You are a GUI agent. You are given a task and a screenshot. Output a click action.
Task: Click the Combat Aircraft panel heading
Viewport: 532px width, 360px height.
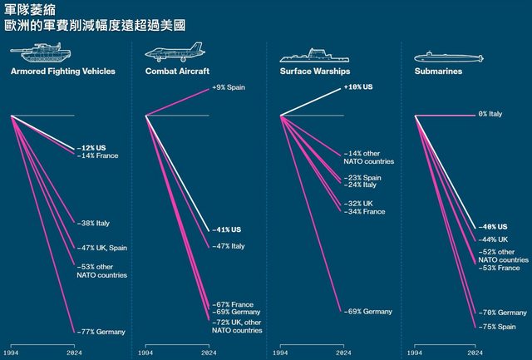[x=177, y=72]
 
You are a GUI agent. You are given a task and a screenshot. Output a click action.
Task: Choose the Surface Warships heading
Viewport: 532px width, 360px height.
[x=313, y=72]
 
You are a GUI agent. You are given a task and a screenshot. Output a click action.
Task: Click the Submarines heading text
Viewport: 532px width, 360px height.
[x=438, y=72]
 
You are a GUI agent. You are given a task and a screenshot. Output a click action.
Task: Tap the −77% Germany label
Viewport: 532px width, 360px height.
[x=101, y=332]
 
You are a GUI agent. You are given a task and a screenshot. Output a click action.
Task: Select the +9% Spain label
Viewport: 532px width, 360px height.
[x=229, y=87]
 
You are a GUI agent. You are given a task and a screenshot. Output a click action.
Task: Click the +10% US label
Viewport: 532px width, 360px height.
[x=358, y=87]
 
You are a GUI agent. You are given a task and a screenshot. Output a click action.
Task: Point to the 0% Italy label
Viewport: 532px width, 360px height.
[x=490, y=114]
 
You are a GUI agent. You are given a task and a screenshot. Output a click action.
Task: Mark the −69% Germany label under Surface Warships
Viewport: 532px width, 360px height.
[x=367, y=311]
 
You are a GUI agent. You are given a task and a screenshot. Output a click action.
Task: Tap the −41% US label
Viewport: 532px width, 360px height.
[x=224, y=229]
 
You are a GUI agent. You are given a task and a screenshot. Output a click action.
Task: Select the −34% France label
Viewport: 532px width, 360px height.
[x=364, y=212]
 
